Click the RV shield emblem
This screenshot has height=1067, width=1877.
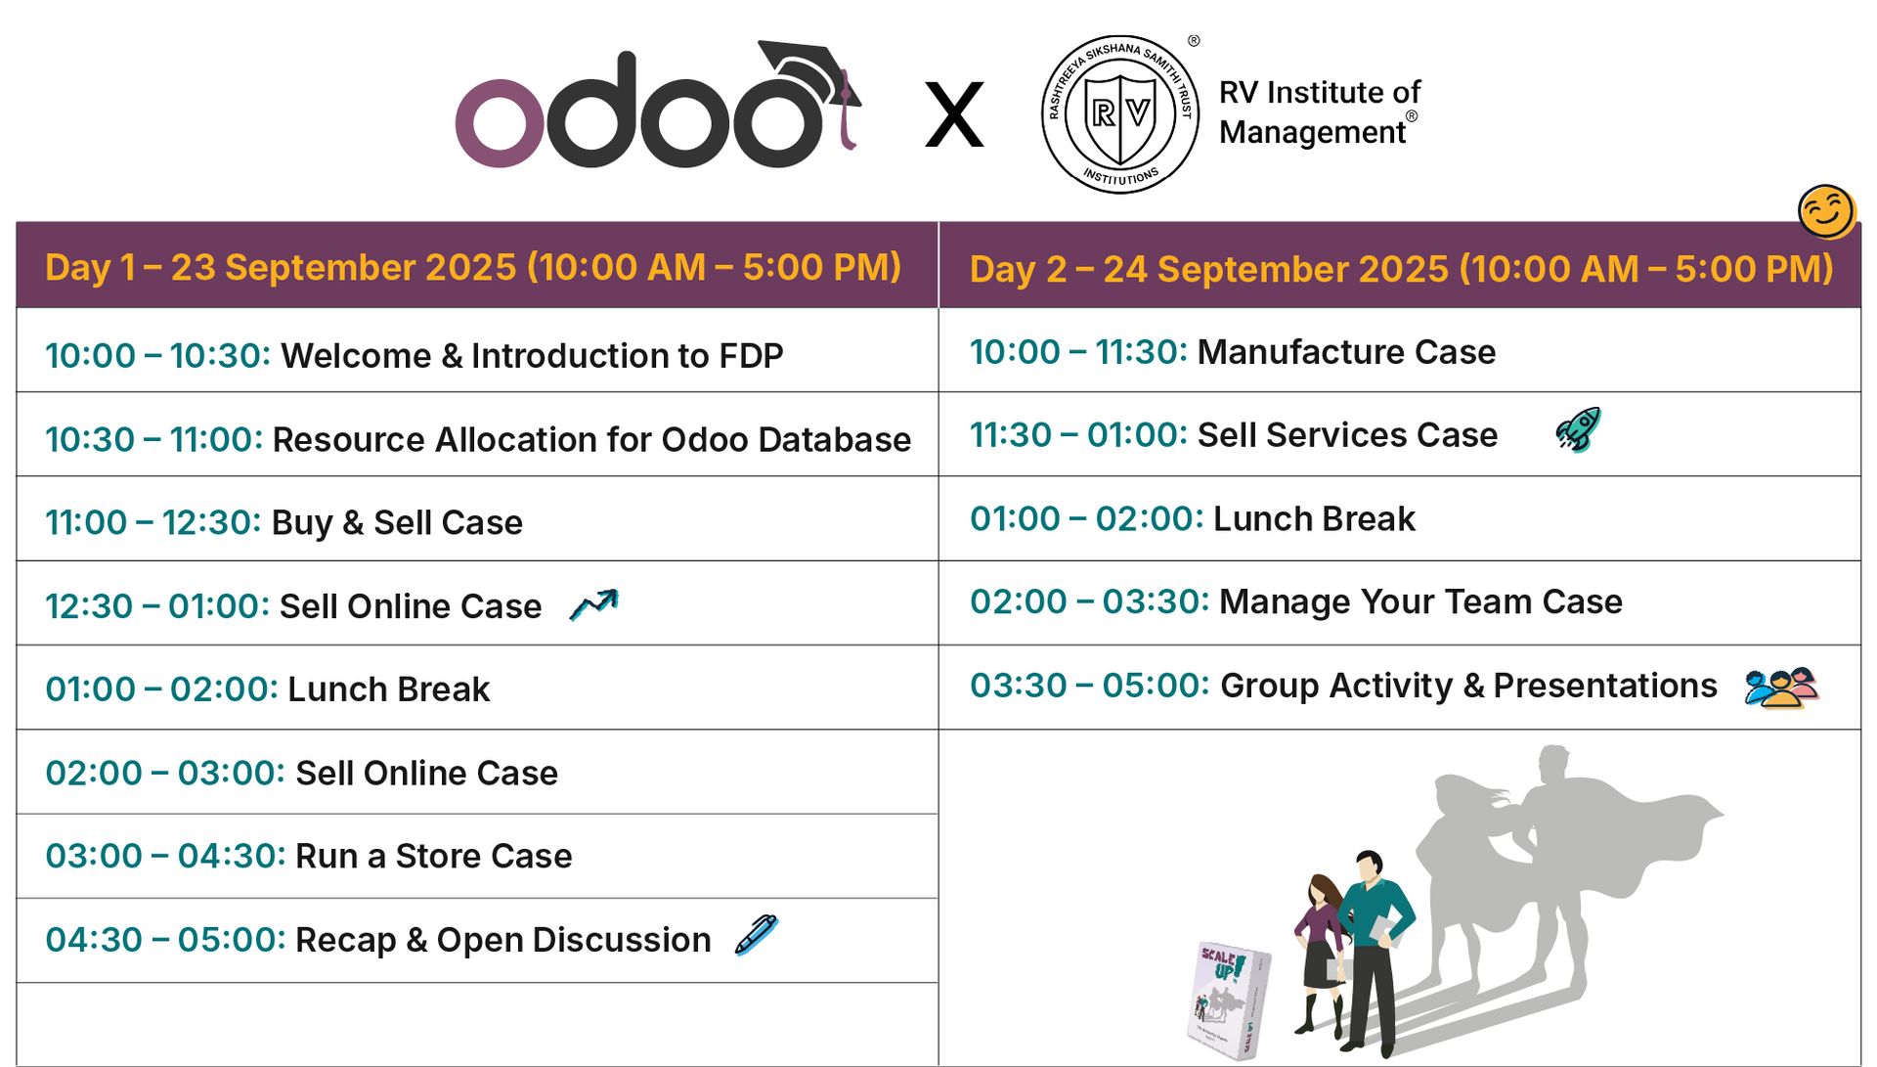1120,115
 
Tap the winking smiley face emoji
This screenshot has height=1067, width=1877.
1826,211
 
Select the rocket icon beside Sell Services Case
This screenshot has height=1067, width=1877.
1578,429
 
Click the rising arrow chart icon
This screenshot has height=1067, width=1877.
594,604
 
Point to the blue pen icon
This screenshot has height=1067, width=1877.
757,934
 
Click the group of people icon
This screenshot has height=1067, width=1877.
1781,688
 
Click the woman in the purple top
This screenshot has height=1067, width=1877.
1320,955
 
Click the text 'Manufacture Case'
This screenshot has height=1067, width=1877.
1346,352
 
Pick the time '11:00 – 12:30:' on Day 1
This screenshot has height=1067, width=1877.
153,522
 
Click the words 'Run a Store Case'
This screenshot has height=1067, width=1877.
433,856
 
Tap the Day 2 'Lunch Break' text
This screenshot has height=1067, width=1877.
1314,518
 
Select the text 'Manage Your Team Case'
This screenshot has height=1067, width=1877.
1420,601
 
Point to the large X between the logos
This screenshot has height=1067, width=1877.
954,115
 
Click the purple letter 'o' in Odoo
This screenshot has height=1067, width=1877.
500,123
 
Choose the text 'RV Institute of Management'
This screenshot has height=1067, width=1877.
1319,111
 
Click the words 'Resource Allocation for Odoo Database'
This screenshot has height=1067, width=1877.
591,439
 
